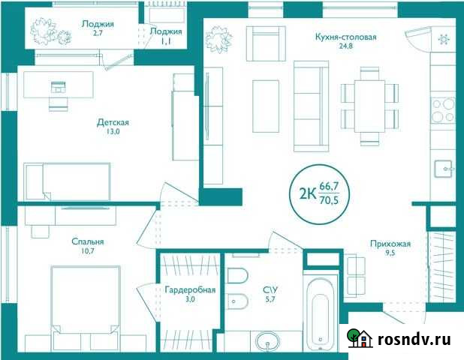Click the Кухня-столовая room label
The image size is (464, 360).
click(345, 36)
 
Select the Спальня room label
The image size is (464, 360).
click(87, 241)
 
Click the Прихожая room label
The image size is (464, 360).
click(389, 243)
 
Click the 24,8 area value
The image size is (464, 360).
click(345, 46)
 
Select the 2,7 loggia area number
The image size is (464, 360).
click(97, 34)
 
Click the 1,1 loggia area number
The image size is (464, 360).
click(166, 42)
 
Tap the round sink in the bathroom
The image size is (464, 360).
click(267, 343)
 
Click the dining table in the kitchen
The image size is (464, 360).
click(367, 106)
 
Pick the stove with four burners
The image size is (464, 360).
click(444, 110)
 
